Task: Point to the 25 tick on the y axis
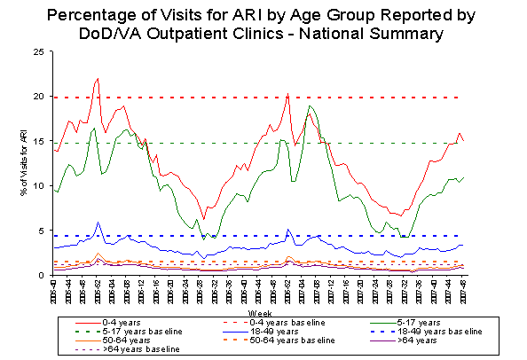point(39,52)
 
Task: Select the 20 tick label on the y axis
point(39,97)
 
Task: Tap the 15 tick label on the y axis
point(39,142)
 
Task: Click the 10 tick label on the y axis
point(39,186)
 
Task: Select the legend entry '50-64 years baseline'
point(298,340)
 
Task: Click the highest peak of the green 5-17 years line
point(310,106)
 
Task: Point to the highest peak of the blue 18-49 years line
point(98,223)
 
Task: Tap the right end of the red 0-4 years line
point(464,141)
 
